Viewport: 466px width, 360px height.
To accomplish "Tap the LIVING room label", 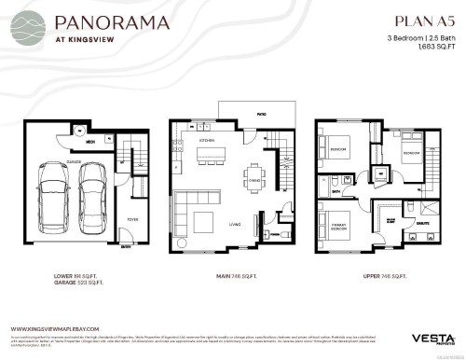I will [x=236, y=223].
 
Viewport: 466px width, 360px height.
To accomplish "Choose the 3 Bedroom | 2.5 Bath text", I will [x=413, y=37].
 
